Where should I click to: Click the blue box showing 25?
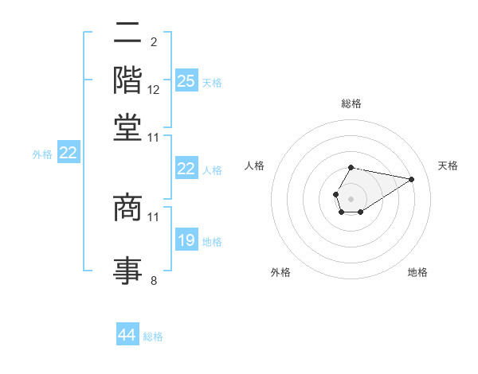186,80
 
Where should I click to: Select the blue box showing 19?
186,240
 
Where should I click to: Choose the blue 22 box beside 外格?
68,153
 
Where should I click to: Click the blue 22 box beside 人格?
186,169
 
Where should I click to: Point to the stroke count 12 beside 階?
154,90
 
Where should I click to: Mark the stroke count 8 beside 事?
154,280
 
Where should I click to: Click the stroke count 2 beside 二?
153,42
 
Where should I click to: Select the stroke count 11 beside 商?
154,216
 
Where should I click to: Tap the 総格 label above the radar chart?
351,104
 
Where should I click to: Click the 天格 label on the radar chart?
448,166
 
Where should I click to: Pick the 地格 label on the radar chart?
417,272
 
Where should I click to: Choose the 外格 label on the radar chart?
280,272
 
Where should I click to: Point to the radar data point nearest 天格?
412,179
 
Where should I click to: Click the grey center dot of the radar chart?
351,197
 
